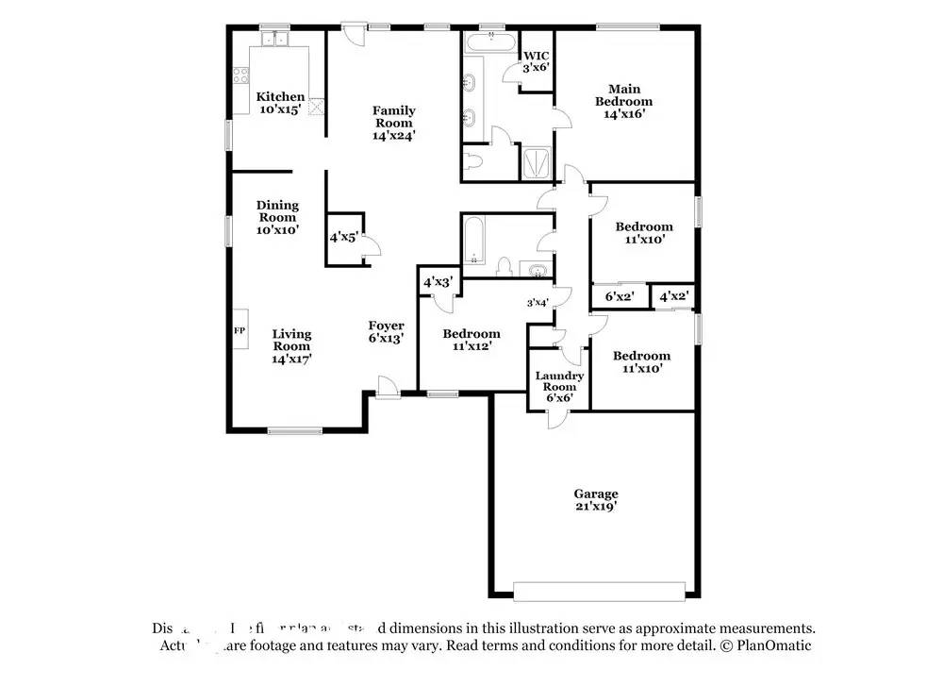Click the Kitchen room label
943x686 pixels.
[280, 103]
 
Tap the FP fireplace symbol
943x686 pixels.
[240, 331]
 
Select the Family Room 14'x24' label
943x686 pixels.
[393, 123]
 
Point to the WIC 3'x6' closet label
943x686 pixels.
[537, 61]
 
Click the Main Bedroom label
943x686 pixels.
[623, 101]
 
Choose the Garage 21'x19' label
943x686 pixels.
[596, 500]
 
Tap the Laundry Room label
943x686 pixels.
[559, 386]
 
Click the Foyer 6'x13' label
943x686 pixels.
[386, 332]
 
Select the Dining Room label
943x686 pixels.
[277, 217]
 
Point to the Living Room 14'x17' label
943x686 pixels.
[291, 345]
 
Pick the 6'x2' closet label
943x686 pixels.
[619, 296]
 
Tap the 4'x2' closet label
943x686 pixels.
[673, 296]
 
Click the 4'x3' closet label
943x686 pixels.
[438, 282]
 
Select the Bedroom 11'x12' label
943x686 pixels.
[471, 340]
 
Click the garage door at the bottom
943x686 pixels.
[599, 592]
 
